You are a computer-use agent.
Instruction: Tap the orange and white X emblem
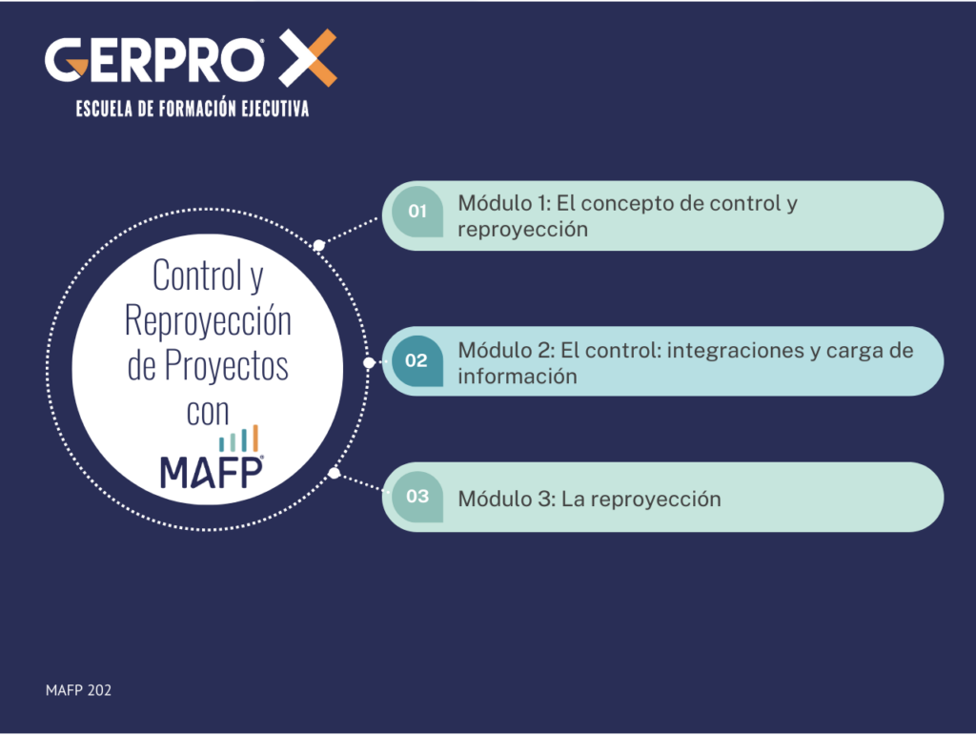(307, 57)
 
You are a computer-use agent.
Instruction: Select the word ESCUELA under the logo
(104, 110)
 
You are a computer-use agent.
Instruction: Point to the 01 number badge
(417, 212)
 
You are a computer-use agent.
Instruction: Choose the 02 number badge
(417, 361)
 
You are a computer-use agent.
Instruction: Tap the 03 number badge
(417, 497)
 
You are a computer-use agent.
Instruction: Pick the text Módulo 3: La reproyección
(589, 499)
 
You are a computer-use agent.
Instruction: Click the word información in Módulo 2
(517, 377)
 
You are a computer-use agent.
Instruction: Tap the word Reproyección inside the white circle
(209, 322)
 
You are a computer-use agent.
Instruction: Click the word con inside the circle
(208, 412)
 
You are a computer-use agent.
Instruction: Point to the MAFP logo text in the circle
(211, 471)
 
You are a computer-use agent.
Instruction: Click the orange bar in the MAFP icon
(254, 438)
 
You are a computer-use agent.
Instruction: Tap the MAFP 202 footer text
(78, 690)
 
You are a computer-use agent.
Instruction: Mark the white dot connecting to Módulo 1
(319, 246)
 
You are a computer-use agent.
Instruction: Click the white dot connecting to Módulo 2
(369, 363)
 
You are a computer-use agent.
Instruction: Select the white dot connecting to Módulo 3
(334, 473)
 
